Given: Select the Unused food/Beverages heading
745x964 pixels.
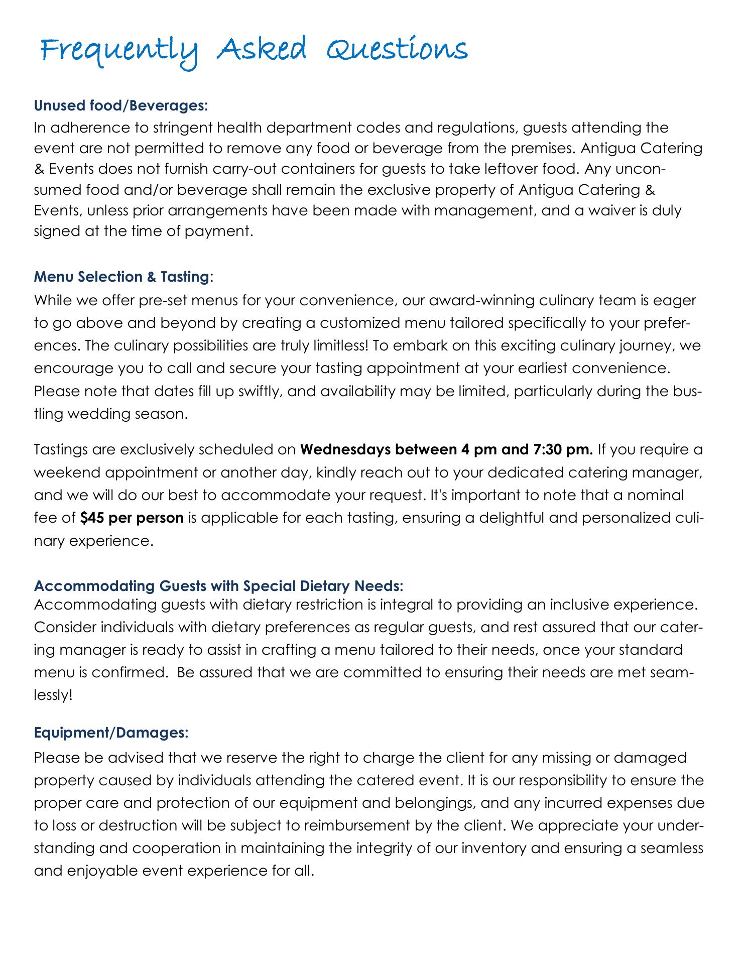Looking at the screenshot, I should [121, 106].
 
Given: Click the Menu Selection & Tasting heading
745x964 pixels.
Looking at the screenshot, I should [121, 276].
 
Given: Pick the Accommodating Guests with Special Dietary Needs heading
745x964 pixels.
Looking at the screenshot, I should [219, 586].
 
